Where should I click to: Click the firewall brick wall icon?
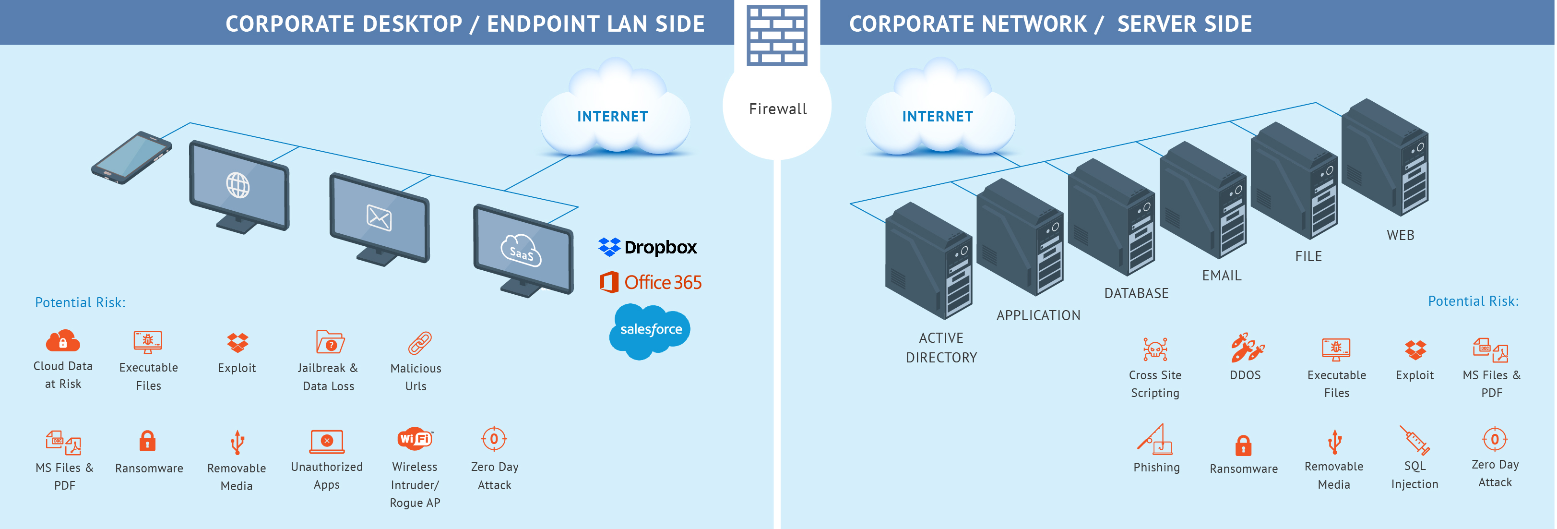pyautogui.click(x=777, y=35)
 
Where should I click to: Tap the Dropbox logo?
pyautogui.click(x=647, y=247)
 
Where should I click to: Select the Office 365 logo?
pyautogui.click(x=650, y=282)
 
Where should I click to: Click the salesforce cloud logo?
pyautogui.click(x=650, y=330)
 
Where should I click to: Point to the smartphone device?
pyautogui.click(x=132, y=157)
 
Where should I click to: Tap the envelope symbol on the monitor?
pyautogui.click(x=379, y=217)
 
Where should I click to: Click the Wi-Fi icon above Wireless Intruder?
pyautogui.click(x=415, y=438)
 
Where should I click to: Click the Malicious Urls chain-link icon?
pyautogui.click(x=419, y=343)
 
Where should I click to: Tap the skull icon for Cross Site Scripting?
pyautogui.click(x=1154, y=349)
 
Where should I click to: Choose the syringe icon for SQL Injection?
pyautogui.click(x=1414, y=440)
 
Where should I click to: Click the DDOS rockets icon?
pyautogui.click(x=1247, y=348)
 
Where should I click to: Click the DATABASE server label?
pyautogui.click(x=1136, y=294)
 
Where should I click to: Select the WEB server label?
pyautogui.click(x=1400, y=235)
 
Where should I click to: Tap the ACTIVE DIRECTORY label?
pyautogui.click(x=941, y=348)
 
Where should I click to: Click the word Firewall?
pyautogui.click(x=777, y=109)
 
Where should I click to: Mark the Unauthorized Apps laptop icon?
pyautogui.click(x=327, y=441)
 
